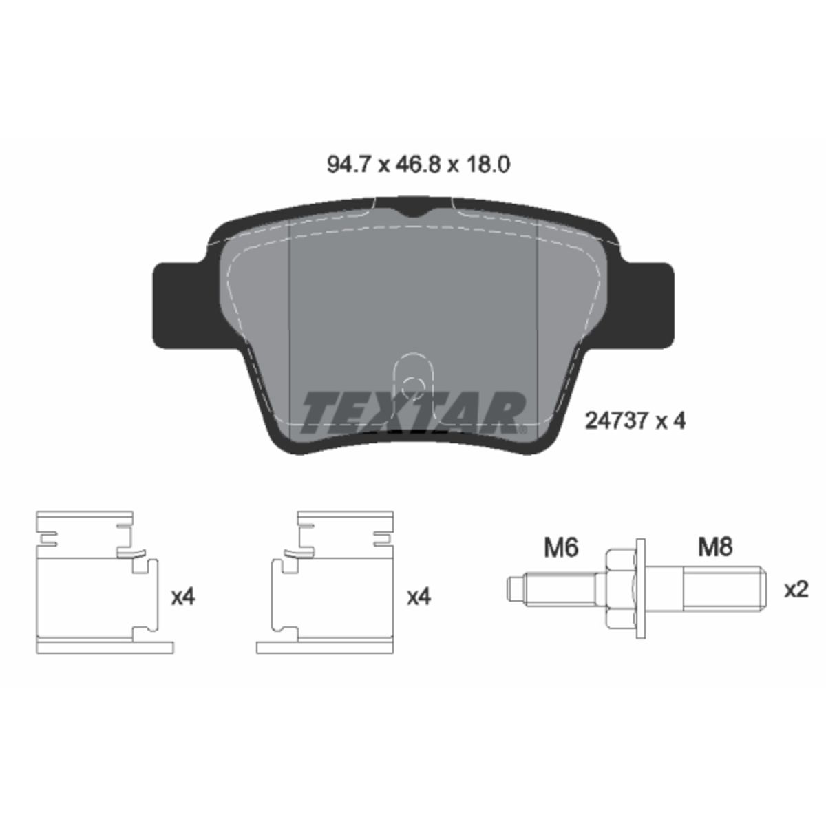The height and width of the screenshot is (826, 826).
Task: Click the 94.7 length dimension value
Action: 348,165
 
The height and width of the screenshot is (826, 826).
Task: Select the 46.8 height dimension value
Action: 419,165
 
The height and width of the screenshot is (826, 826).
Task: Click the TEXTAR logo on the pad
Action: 412,412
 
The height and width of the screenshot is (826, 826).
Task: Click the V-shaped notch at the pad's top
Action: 413,211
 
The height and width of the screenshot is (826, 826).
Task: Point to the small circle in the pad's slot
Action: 413,386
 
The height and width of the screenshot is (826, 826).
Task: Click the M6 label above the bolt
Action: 561,548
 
